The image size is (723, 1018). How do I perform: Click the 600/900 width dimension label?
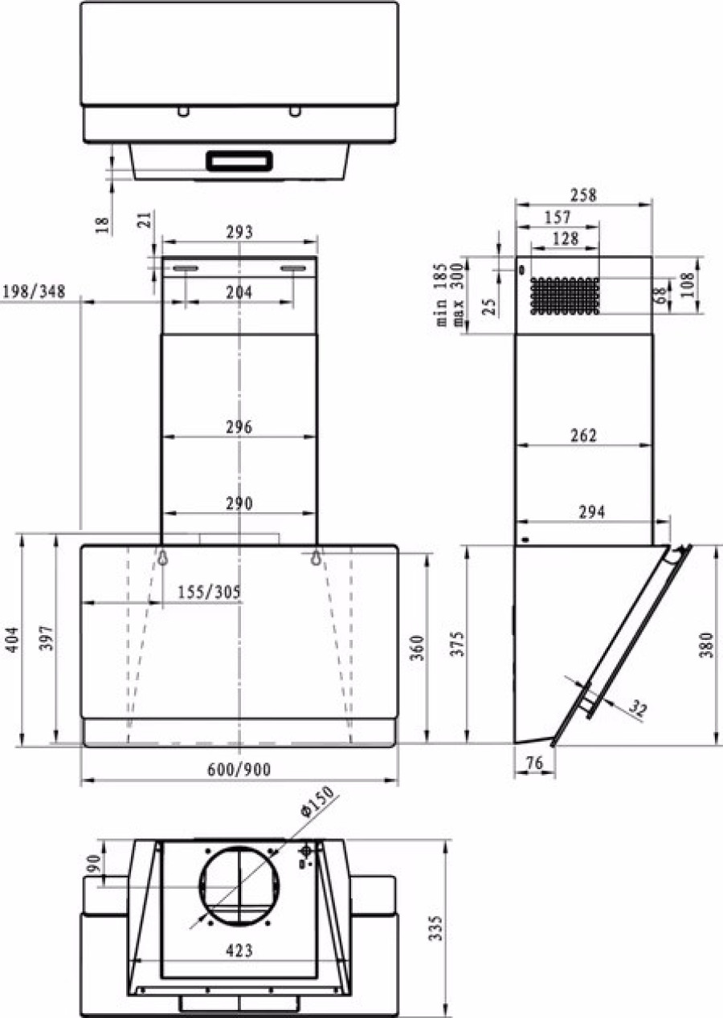click(239, 769)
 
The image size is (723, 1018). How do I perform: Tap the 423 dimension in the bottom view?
click(239, 951)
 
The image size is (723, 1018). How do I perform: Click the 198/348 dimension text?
click(34, 289)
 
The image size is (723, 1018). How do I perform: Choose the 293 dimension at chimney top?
click(239, 232)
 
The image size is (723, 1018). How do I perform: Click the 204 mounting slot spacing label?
click(239, 292)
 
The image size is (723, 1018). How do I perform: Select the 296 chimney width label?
click(239, 427)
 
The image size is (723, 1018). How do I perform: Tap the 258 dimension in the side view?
click(583, 195)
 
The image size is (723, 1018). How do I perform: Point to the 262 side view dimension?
click(583, 435)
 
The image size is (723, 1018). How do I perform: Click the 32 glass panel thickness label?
click(636, 709)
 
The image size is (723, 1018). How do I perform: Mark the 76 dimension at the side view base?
click(533, 763)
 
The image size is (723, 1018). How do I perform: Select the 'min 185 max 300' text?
click(450, 294)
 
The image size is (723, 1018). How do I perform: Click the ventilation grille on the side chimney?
click(565, 296)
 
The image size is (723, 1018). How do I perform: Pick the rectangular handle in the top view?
click(240, 161)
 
